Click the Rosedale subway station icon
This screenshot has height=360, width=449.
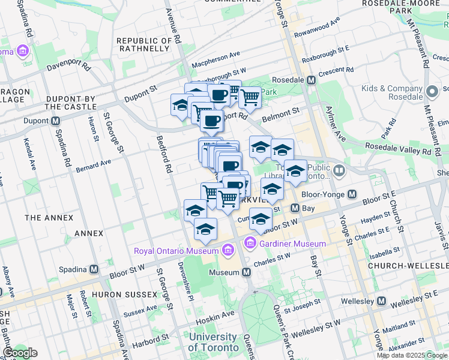pos(311,80)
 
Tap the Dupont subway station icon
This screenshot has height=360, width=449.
pos(55,121)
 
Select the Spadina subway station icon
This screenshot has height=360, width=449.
pos(94,269)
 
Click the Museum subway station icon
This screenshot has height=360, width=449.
pos(246,272)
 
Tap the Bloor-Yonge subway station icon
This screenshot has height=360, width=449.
pos(352,194)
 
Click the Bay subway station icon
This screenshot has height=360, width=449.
pos(295,208)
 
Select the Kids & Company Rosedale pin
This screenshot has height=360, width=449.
pos(432,92)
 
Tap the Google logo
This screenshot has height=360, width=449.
pos(20,352)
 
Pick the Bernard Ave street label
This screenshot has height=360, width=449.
pos(94,163)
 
